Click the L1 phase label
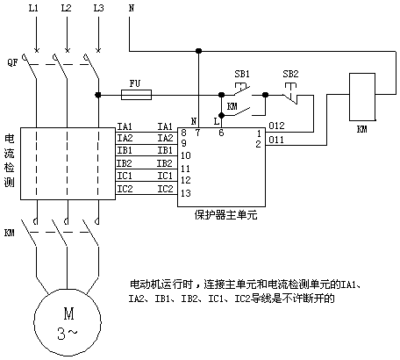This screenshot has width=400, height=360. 33,8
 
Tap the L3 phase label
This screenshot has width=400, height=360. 98,8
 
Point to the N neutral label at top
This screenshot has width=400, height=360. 132,8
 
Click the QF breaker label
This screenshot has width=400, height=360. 12,62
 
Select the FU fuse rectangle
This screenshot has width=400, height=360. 136,95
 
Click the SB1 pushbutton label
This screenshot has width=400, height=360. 242,74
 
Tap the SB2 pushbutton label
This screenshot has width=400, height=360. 290,74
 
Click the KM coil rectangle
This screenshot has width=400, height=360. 362,97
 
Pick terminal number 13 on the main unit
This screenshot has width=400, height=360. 186,193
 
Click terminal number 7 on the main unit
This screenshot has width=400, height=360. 197,133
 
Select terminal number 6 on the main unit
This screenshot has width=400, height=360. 221,133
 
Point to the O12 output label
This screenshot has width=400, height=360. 276,126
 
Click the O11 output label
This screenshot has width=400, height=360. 276,140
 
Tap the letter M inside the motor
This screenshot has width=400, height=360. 69,313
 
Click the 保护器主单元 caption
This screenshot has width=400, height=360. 225,215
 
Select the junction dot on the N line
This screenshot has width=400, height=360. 198,51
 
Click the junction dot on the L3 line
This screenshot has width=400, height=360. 98,95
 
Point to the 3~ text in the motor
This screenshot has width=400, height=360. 68,334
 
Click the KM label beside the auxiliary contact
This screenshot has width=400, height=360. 232,106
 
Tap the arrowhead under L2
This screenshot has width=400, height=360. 68,49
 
